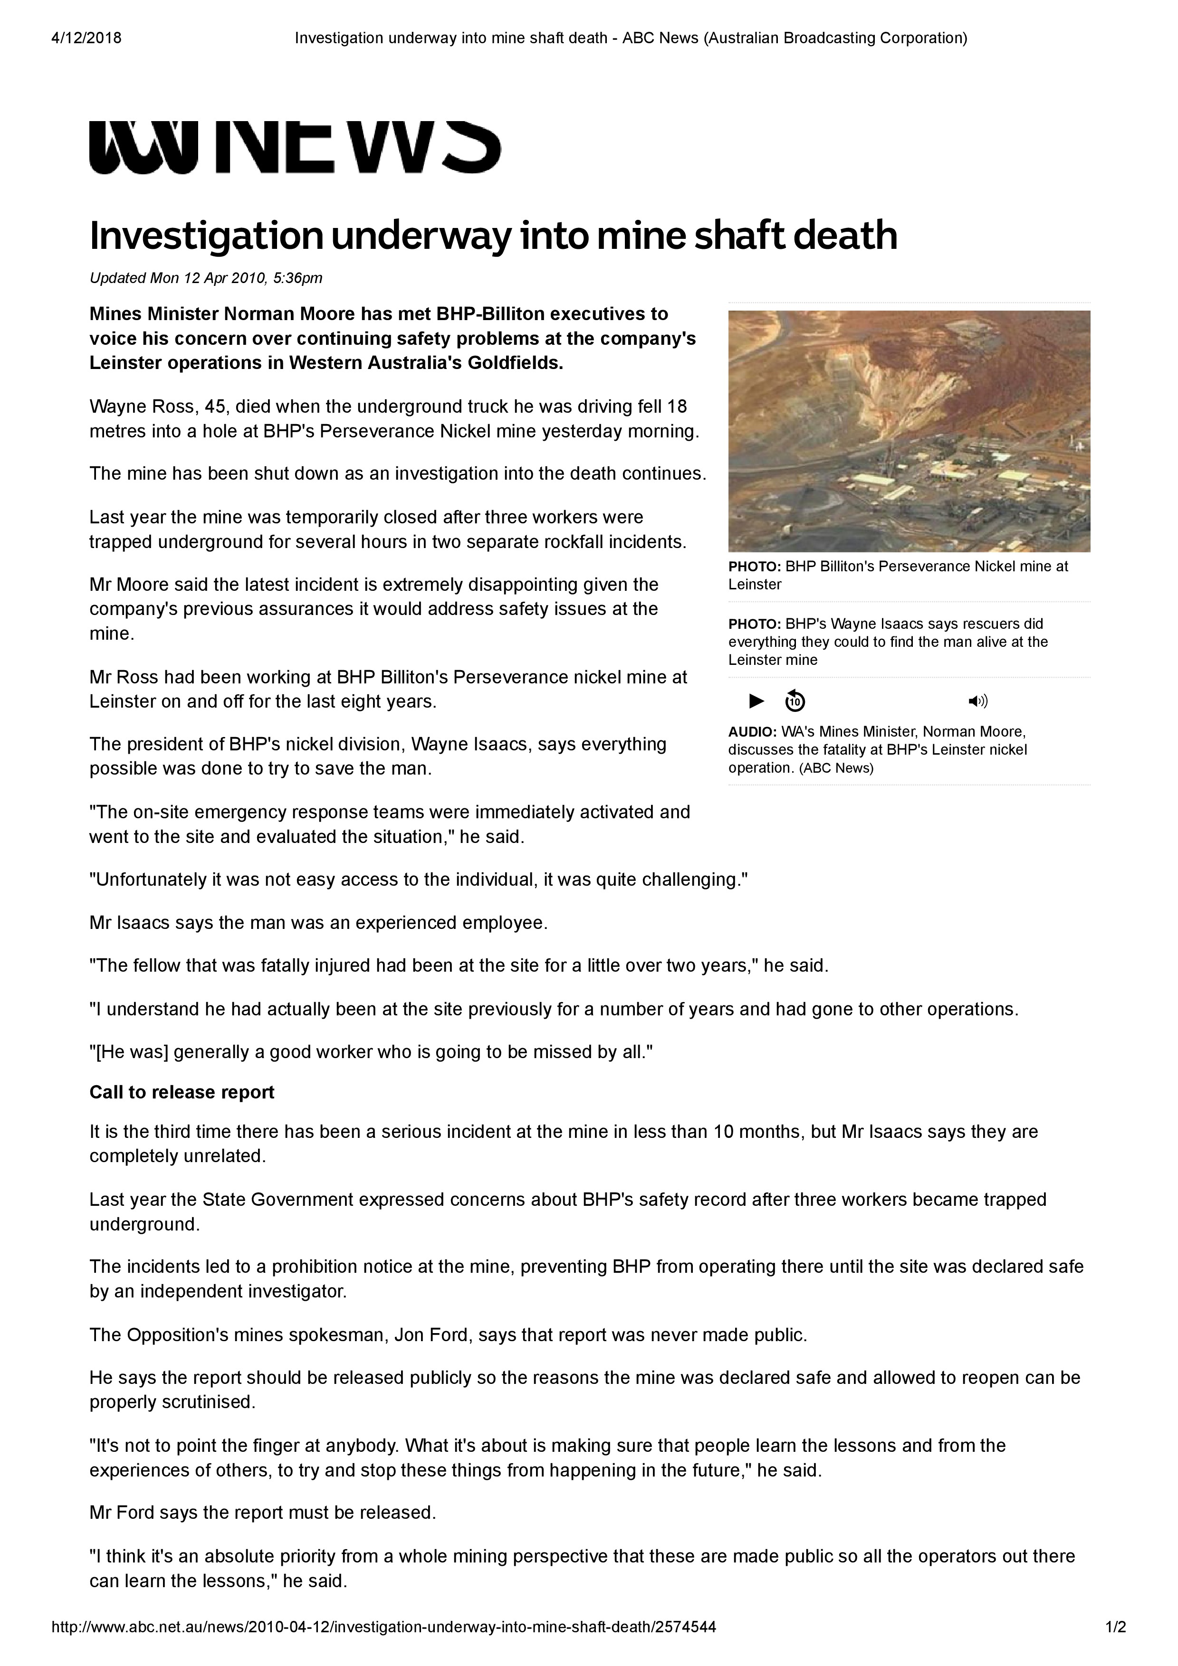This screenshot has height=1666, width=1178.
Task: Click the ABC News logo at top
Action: click(295, 148)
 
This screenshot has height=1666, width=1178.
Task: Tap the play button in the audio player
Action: click(757, 701)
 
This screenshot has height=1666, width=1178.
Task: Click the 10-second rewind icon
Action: click(795, 701)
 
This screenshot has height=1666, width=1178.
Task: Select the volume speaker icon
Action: click(977, 701)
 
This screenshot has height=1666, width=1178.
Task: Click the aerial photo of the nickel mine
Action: click(909, 431)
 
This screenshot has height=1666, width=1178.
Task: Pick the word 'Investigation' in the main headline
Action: click(205, 236)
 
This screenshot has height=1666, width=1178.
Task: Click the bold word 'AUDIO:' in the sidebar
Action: click(752, 731)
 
